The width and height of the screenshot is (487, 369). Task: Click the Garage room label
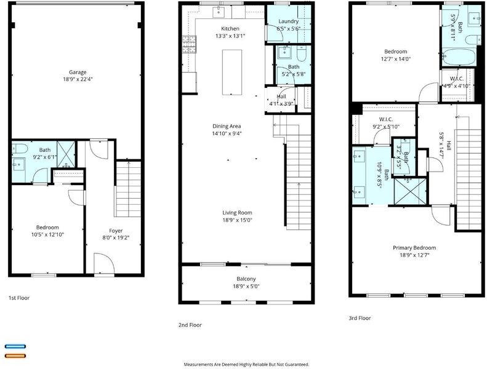click(78, 72)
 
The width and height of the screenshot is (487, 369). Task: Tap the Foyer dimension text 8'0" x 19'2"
click(116, 238)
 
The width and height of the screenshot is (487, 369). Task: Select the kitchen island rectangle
click(232, 72)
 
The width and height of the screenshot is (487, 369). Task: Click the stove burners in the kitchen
click(189, 44)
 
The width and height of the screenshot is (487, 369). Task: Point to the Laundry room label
click(288, 22)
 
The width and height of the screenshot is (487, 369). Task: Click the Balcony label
click(246, 279)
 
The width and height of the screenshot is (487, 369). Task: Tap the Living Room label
click(237, 213)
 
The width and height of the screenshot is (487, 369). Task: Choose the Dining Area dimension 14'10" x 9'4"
click(227, 133)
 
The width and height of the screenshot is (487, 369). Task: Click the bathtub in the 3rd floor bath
click(459, 57)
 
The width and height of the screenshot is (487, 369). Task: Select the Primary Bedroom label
click(414, 248)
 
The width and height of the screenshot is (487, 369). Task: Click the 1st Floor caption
click(19, 298)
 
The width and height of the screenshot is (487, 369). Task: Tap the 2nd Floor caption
click(190, 325)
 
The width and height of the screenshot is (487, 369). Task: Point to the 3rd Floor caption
click(360, 318)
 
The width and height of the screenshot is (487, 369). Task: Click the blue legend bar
click(15, 346)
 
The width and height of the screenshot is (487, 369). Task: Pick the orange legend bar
click(15, 356)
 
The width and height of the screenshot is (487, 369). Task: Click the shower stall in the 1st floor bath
click(66, 154)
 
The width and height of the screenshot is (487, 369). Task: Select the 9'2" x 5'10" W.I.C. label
click(386, 123)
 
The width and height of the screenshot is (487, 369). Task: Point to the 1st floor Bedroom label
click(47, 228)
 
